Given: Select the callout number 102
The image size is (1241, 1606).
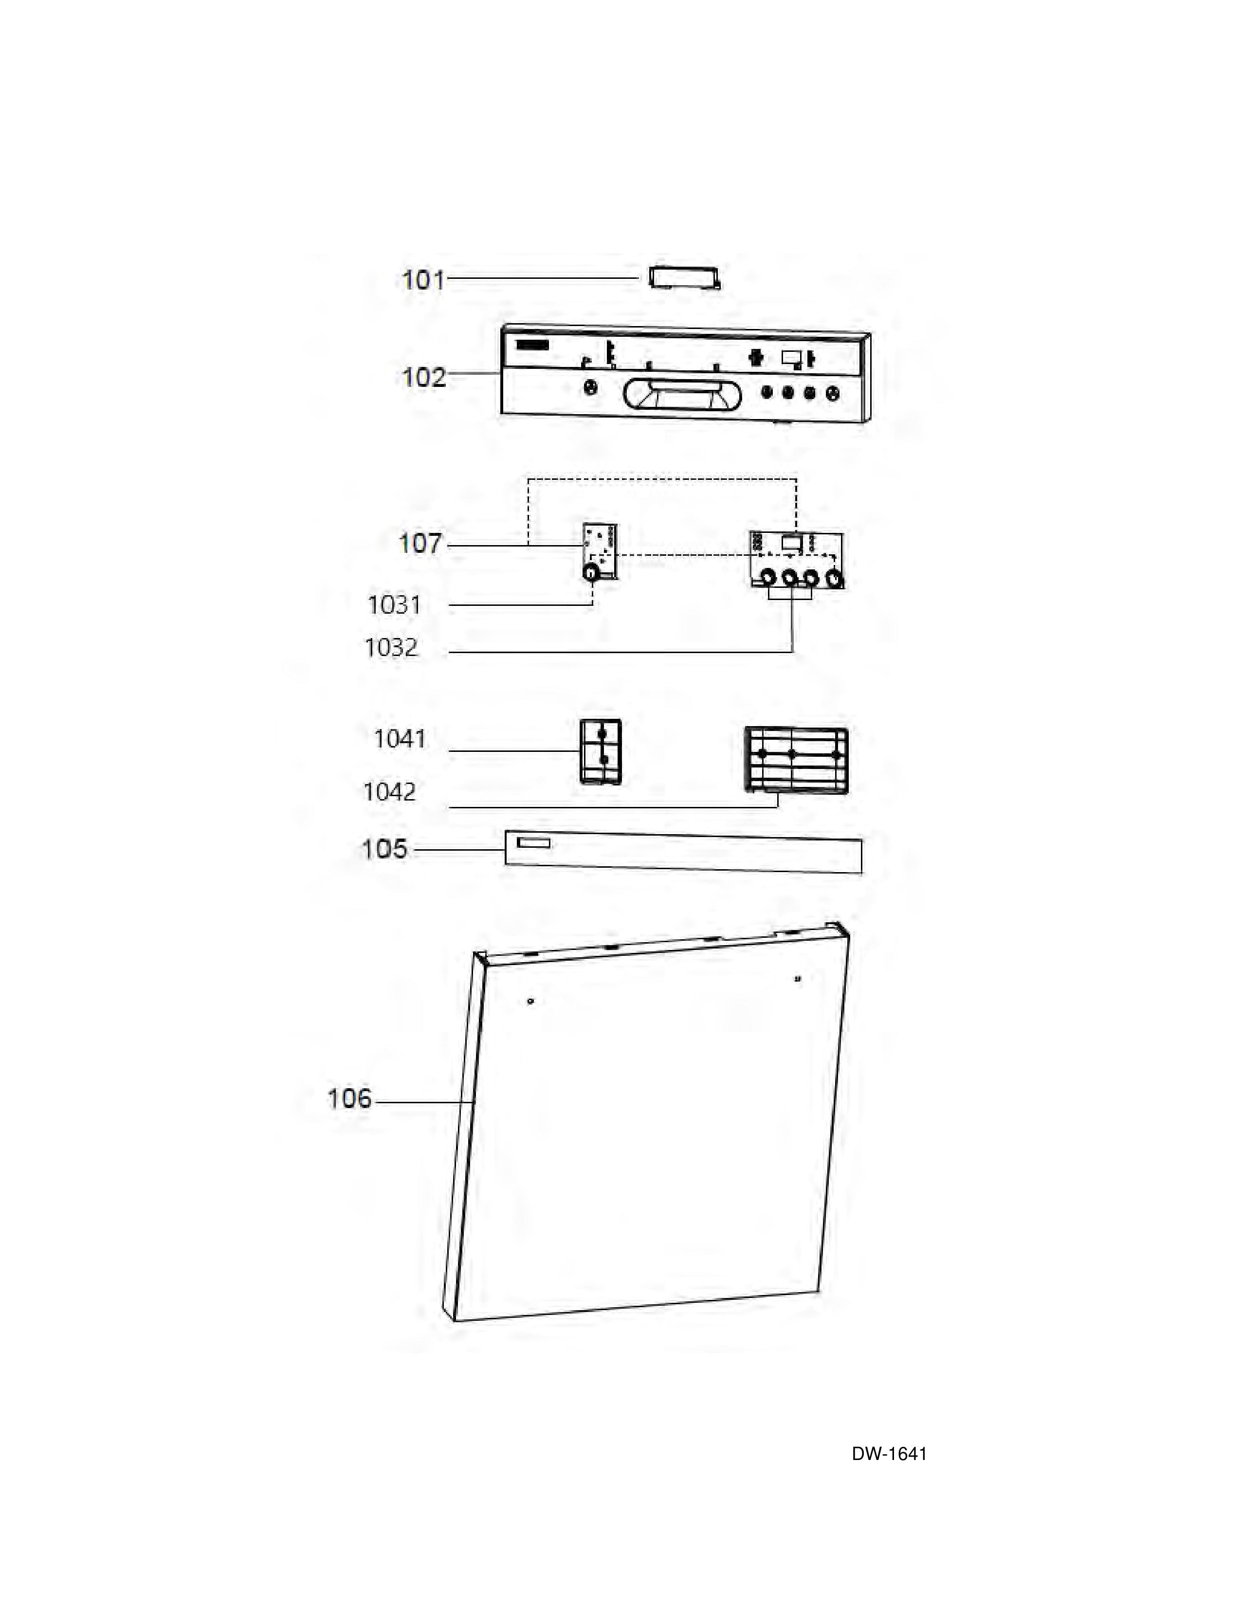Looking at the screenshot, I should point(423,377).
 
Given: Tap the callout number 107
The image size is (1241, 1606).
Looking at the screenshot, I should point(420,544).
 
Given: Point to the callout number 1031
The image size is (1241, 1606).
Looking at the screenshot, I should point(394,605).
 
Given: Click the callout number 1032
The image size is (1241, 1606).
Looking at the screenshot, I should point(391,648).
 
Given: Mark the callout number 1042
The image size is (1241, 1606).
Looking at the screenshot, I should point(390,792).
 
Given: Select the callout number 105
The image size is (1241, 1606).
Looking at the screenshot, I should point(384,849).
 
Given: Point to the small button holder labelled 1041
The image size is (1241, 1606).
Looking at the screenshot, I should point(601,751).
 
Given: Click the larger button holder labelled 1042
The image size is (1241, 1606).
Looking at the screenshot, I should point(796,760).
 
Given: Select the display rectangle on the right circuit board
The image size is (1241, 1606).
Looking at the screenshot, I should point(791,543).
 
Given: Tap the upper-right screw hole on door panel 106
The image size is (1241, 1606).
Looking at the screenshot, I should point(798,979).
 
